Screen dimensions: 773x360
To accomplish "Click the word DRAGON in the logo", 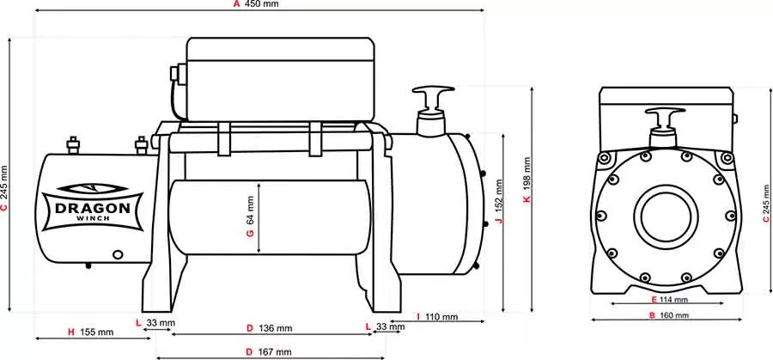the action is pyautogui.click(x=93, y=208).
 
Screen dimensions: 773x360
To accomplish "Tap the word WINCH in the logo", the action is pyautogui.click(x=93, y=218).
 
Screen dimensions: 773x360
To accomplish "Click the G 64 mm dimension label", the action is pyautogui.click(x=250, y=217).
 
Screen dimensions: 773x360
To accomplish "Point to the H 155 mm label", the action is pyautogui.click(x=91, y=332).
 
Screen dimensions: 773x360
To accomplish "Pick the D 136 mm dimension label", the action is pyautogui.click(x=269, y=328).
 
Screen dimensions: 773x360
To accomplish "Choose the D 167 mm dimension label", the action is pyautogui.click(x=269, y=352).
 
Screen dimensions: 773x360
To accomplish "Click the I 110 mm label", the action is pyautogui.click(x=437, y=316).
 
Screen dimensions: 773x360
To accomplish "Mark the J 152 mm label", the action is pyautogui.click(x=498, y=201).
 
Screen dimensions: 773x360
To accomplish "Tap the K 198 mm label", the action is pyautogui.click(x=527, y=180).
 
